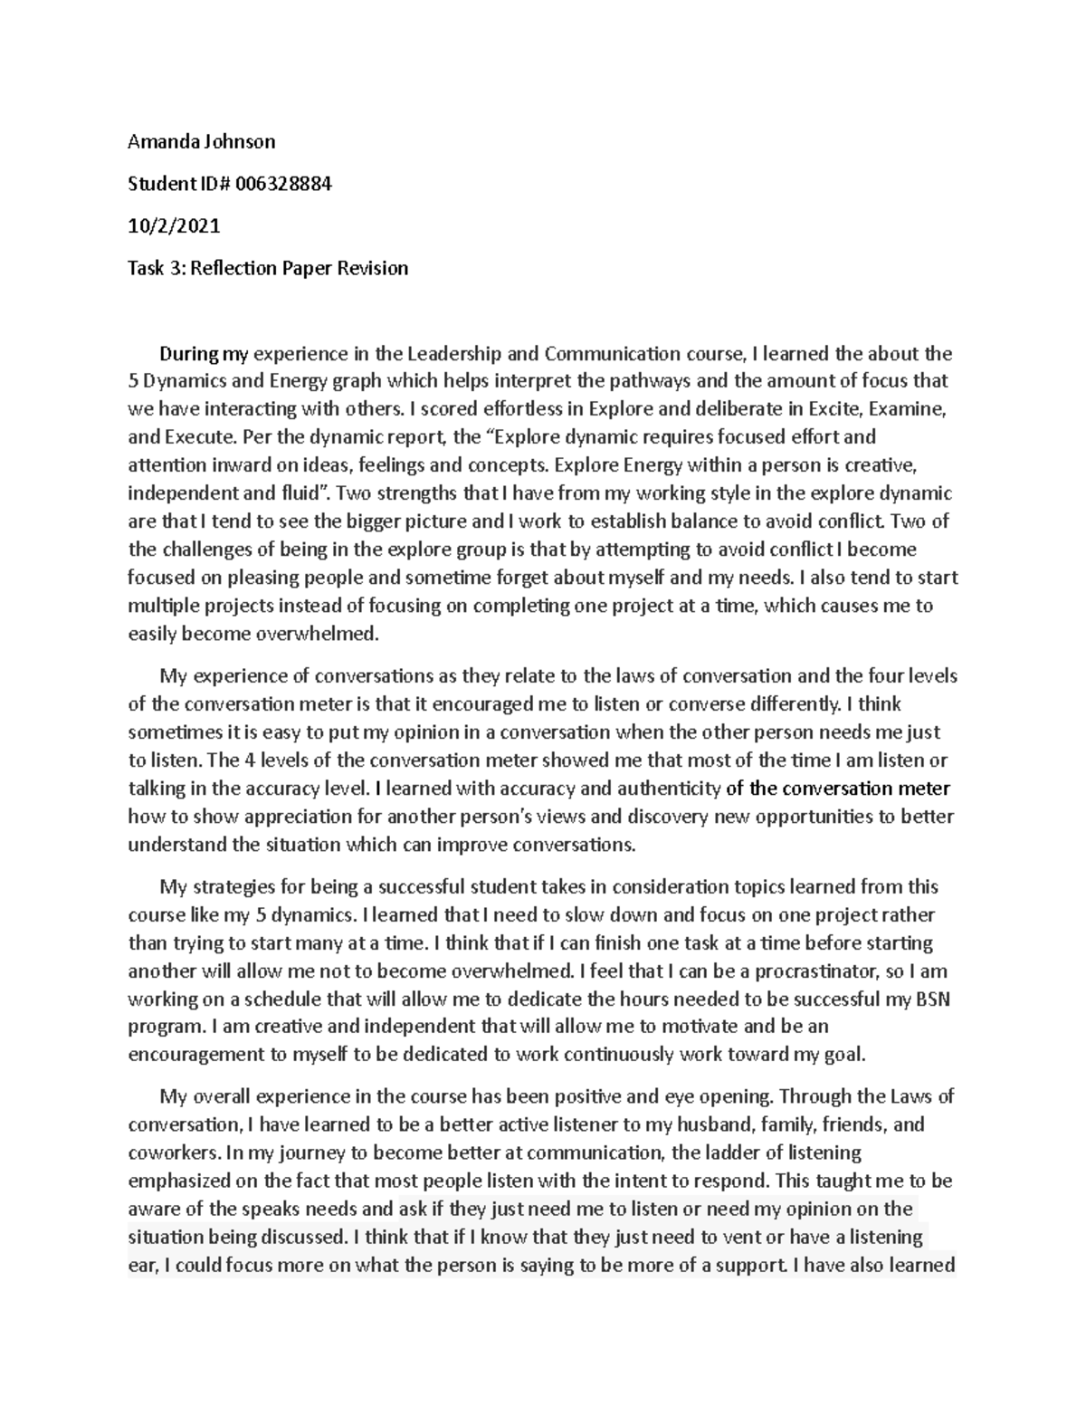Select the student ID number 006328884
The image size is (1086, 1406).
pyautogui.click(x=283, y=184)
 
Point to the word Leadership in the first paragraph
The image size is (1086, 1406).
pyautogui.click(x=449, y=353)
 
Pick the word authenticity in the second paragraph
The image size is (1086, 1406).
pyautogui.click(x=669, y=788)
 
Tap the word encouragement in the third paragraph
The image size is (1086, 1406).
pyautogui.click(x=184, y=1055)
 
